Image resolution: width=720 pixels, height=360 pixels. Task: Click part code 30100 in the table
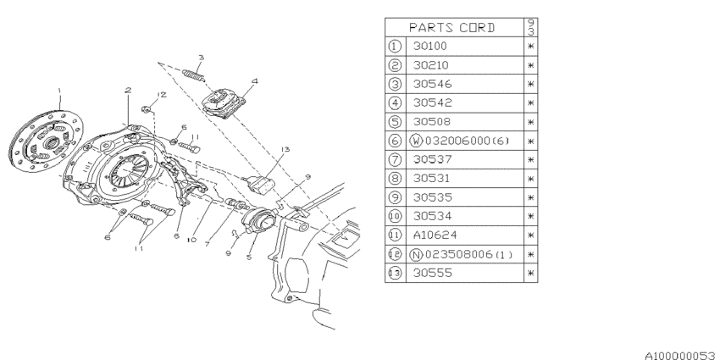click(x=429, y=46)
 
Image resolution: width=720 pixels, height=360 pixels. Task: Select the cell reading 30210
click(x=430, y=65)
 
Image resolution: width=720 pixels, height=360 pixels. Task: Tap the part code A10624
click(x=435, y=235)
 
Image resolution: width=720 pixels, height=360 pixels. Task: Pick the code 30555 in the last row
click(x=433, y=273)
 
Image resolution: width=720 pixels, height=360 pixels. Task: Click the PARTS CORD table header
click(x=452, y=28)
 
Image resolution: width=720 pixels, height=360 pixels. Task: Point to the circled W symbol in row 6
click(x=416, y=141)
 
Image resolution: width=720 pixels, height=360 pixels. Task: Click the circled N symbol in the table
click(x=416, y=254)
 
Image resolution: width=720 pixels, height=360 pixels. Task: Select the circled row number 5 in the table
click(x=395, y=122)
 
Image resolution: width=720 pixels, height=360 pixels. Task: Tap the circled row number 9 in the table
click(x=395, y=197)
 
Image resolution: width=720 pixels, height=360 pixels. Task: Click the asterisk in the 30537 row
click(x=531, y=159)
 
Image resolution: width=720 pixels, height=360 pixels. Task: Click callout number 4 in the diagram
click(x=255, y=81)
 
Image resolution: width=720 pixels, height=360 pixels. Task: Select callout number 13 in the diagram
click(x=285, y=149)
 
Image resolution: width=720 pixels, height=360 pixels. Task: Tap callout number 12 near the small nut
click(x=161, y=95)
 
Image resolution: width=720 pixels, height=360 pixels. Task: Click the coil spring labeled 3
click(x=193, y=75)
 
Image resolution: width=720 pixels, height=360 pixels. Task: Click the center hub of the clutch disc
click(x=50, y=142)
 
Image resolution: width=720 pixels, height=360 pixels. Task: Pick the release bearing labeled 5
click(x=260, y=220)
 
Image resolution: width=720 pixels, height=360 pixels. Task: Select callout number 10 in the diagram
click(x=191, y=240)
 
